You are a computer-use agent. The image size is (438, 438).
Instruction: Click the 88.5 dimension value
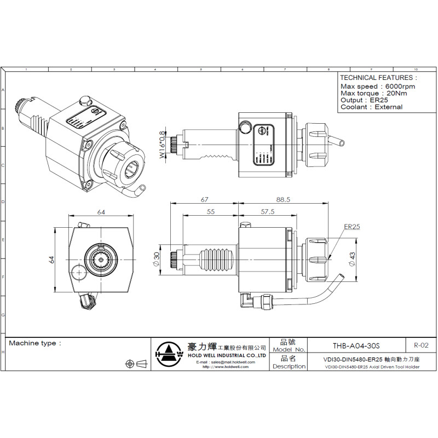coord(283,200)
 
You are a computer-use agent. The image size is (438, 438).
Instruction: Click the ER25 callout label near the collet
coord(351,226)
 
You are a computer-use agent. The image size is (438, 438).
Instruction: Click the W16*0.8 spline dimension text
coord(162,145)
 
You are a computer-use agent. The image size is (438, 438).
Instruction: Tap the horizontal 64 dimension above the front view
coord(101,212)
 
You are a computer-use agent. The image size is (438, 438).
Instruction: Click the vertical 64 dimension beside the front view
coord(51,259)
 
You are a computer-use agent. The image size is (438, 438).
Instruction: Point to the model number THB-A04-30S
coord(356,346)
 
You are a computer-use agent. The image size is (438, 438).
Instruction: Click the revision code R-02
coord(421,345)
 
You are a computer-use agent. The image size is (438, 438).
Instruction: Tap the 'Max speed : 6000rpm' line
coord(378,87)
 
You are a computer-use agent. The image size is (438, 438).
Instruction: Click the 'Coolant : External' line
coord(371,107)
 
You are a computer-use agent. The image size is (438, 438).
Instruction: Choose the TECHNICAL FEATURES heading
coord(378,78)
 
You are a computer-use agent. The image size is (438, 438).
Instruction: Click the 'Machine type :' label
coord(34,343)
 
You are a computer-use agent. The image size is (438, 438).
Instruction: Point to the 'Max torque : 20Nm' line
coord(373,94)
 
